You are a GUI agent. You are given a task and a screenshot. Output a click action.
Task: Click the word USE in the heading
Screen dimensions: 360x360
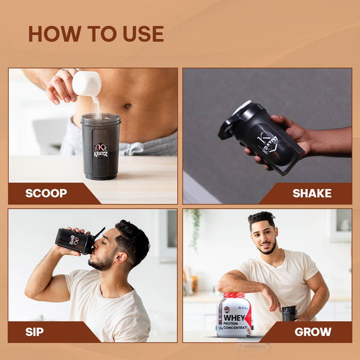143,34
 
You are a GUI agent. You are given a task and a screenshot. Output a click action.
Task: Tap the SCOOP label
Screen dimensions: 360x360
46,193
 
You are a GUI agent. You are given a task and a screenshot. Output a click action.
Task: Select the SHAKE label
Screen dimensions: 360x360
312,193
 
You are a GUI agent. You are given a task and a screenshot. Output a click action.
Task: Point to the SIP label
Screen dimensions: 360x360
34,332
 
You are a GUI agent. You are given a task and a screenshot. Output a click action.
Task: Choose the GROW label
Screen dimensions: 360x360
313,332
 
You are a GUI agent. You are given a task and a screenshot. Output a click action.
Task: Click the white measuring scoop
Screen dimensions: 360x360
87,83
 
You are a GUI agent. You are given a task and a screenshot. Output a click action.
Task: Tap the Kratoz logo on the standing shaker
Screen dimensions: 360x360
101,151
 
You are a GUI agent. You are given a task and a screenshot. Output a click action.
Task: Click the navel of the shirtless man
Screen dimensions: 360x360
128,106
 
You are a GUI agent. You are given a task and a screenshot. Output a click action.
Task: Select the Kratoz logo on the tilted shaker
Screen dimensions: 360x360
268,145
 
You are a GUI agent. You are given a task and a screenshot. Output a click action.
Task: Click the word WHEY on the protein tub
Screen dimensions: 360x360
234,317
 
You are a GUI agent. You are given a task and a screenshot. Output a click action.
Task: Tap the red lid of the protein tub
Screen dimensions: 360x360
234,295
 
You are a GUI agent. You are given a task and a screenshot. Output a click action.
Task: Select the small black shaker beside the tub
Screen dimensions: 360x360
289,313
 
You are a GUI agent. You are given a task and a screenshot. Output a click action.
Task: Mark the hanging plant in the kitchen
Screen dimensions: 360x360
195,227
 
